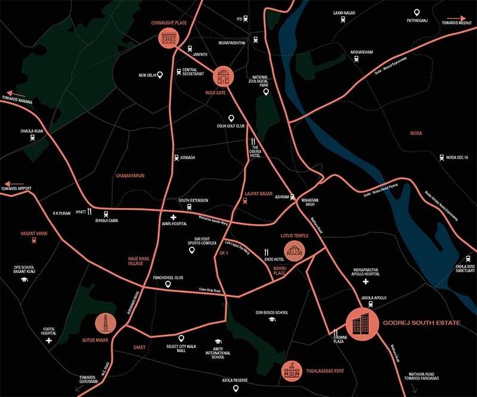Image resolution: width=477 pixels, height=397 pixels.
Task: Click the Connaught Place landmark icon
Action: [x=169, y=39]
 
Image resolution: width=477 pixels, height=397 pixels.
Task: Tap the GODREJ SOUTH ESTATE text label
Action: [x=422, y=322]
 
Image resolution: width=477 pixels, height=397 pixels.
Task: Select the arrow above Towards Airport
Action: [x=16, y=184]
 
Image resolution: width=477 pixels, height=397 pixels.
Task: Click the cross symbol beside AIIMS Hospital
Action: [x=174, y=218]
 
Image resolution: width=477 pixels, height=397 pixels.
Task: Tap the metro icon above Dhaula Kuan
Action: [x=33, y=137]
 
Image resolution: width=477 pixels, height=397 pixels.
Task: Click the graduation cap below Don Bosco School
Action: [x=271, y=320]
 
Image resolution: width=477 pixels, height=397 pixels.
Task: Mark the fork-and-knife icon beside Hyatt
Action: [x=90, y=211]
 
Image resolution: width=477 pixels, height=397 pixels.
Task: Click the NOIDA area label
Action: [x=416, y=134]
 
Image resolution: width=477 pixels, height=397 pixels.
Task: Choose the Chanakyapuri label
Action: [x=130, y=176]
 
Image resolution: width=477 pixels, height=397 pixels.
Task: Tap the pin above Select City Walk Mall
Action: [x=181, y=338]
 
